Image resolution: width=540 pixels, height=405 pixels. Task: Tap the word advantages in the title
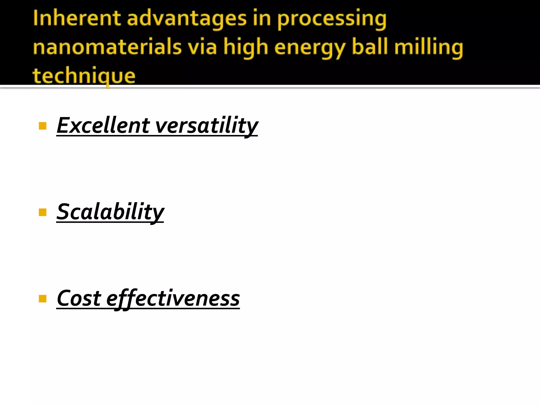187,19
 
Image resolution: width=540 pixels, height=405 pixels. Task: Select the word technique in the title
84,76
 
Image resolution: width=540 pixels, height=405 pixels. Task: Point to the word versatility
207,126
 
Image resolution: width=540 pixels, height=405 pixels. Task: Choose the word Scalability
110,212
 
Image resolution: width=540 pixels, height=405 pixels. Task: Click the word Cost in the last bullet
79,298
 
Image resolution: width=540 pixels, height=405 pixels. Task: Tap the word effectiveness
173,299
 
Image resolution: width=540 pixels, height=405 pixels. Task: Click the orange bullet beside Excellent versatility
42,126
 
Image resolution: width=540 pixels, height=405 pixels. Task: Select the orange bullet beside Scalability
42,212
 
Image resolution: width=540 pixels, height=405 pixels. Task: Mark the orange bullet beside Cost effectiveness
42,299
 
